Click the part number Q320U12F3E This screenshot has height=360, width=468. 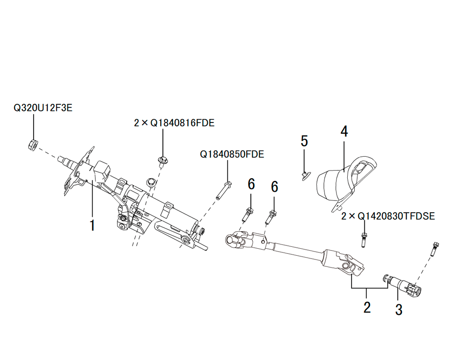pos(43,108)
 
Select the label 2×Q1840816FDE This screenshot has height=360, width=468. pos(174,122)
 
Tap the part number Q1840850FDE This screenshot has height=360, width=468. pos(232,154)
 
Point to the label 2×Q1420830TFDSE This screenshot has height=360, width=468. pos(388,216)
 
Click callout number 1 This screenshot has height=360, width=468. pos(93,225)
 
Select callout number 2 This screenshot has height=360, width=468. pos(367,307)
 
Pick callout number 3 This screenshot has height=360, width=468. pos(399,310)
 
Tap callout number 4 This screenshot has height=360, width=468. pos(344,131)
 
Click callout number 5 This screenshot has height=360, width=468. pos(304,141)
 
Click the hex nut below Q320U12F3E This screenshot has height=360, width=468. pos(33,145)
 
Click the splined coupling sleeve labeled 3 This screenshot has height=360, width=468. pos(402,286)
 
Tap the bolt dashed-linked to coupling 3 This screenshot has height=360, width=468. pos(435,249)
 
